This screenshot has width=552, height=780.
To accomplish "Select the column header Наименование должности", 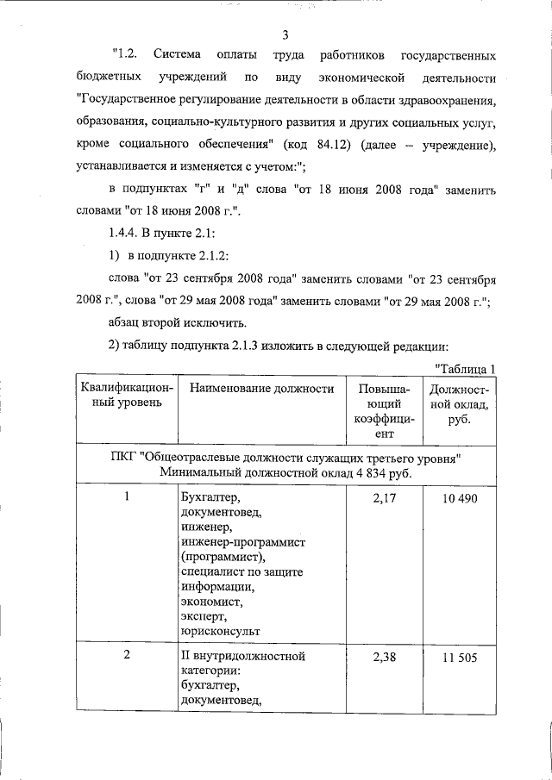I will [x=261, y=389].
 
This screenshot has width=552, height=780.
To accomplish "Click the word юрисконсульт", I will [x=221, y=630].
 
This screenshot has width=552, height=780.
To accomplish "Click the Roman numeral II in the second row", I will [x=187, y=657].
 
